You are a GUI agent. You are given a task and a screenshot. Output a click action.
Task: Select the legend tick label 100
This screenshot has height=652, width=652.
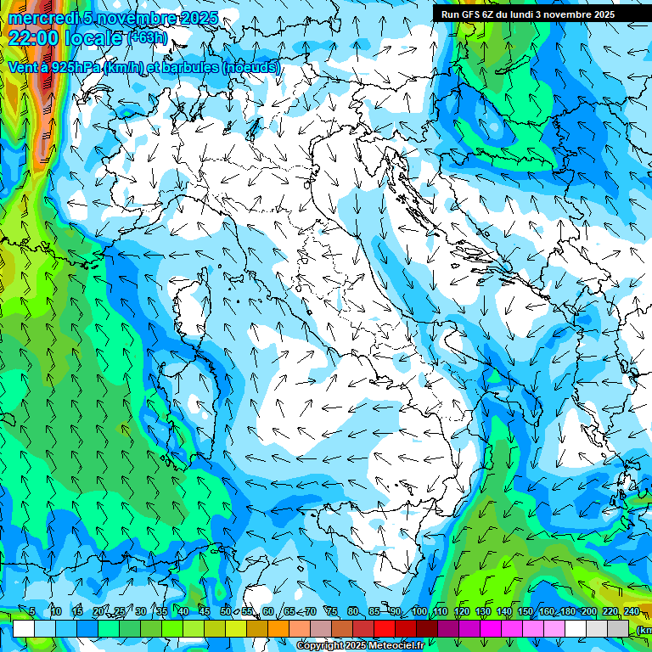point(419,611)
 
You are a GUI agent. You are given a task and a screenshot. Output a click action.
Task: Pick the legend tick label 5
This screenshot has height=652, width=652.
point(32,611)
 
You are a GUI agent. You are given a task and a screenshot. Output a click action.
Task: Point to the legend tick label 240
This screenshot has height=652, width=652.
point(632,611)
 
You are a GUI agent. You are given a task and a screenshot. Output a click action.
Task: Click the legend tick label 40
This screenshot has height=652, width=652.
point(183,611)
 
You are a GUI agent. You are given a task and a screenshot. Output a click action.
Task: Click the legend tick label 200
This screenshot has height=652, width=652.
point(587,611)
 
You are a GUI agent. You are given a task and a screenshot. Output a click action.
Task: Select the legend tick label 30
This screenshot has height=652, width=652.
point(140,611)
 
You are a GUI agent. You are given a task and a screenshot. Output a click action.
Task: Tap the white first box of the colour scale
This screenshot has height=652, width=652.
point(24,628)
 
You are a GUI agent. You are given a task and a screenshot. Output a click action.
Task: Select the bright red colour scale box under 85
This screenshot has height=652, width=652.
point(385,628)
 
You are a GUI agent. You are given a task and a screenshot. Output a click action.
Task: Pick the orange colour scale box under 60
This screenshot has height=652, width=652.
point(278,628)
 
